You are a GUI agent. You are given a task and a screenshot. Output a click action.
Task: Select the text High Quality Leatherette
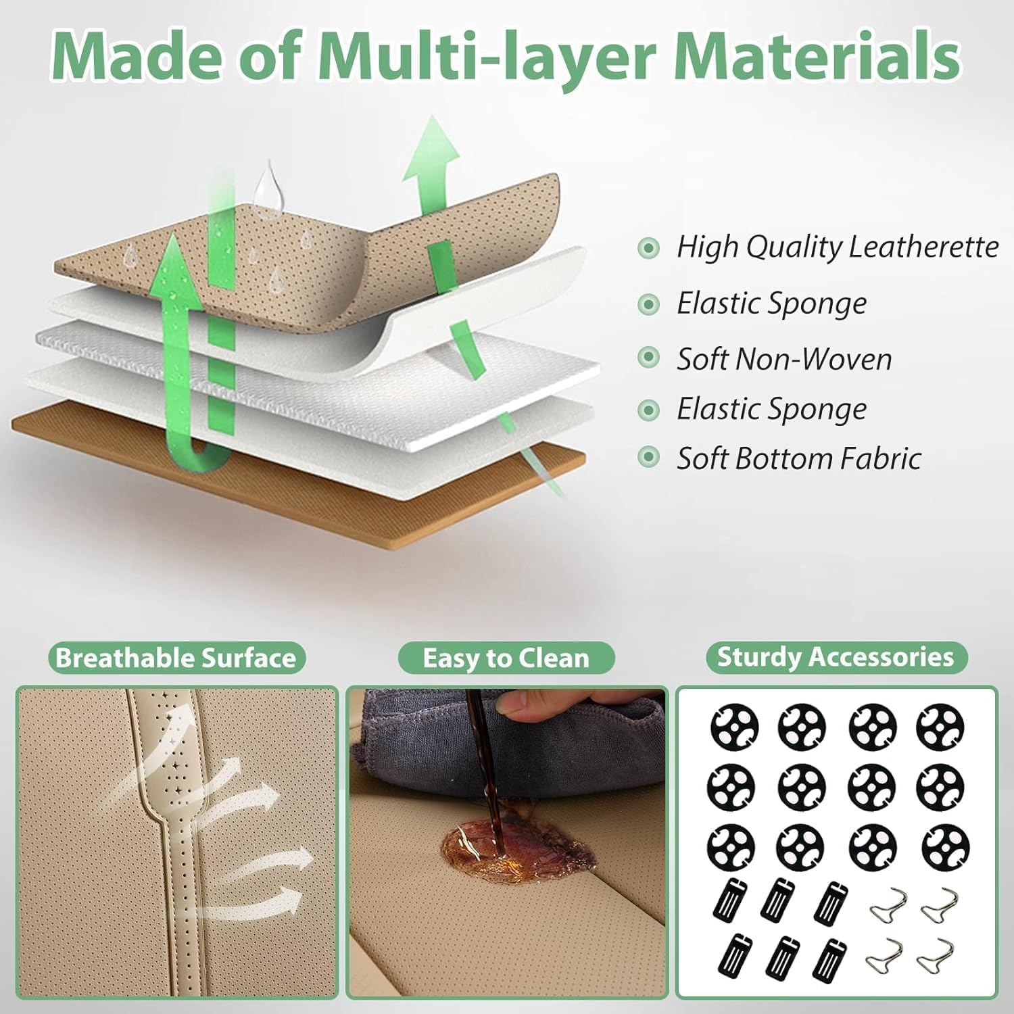837,247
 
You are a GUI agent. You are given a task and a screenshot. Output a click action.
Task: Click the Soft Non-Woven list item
784,359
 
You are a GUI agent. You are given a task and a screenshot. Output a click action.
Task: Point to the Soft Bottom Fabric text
798,458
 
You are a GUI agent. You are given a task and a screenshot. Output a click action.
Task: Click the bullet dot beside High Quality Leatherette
648,248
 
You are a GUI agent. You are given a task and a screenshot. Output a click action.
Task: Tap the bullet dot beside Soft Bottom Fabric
648,458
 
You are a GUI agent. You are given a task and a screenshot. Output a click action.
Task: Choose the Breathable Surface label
176,658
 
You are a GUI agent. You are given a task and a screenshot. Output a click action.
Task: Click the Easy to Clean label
506,658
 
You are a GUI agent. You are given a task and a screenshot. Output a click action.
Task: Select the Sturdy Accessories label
836,657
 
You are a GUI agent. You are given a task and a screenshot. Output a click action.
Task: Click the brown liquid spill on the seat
514,845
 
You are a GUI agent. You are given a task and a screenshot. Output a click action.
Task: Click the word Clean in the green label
554,658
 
